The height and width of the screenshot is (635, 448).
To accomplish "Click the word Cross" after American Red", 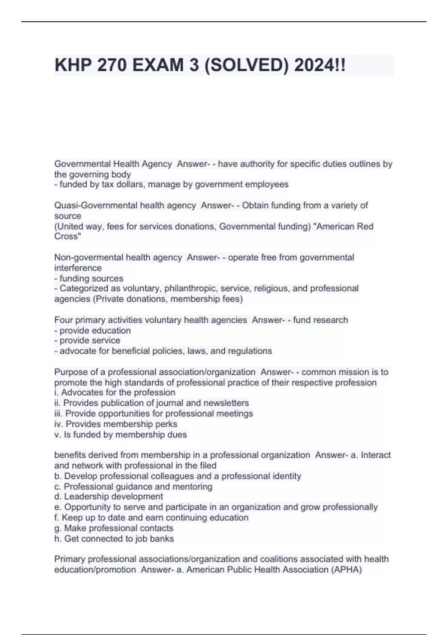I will coord(68,236).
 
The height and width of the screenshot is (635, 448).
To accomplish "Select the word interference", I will coord(78,268).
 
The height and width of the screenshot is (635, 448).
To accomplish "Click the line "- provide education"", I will coord(93,331).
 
